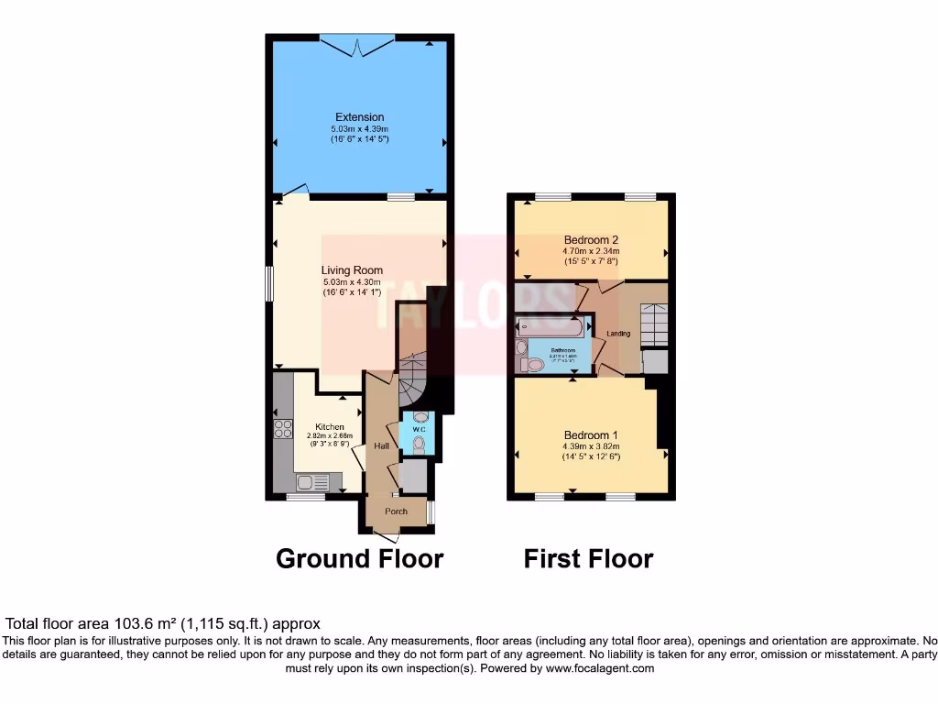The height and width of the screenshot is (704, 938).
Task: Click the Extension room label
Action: tap(359, 117)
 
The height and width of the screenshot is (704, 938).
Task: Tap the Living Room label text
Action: tap(352, 270)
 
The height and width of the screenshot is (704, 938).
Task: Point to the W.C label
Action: tap(419, 429)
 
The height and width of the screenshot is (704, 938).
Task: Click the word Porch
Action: tap(396, 511)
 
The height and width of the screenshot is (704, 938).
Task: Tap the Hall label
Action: tap(381, 445)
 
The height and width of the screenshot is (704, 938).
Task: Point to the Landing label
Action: tap(618, 334)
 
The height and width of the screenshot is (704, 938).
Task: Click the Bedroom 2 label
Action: tap(591, 239)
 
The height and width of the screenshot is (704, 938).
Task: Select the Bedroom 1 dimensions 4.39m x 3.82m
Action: tap(591, 446)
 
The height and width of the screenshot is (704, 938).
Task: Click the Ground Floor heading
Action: tap(359, 558)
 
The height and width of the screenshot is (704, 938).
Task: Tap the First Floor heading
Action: tap(588, 558)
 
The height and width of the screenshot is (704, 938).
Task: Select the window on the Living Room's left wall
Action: tap(269, 283)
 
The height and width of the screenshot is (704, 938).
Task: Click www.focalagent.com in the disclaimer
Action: tap(599, 669)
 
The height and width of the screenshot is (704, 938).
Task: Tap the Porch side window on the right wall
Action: tap(431, 512)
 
